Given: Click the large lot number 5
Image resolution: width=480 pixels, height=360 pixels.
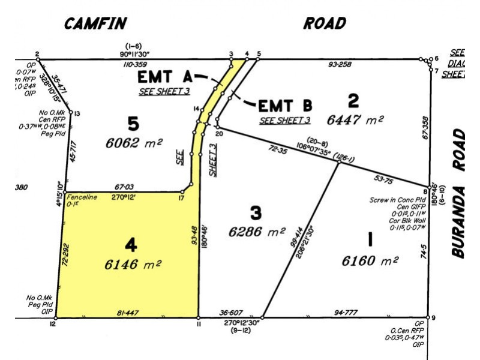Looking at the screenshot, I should pos(133,124).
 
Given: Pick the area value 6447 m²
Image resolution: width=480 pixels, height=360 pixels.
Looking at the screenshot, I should pos(355,119).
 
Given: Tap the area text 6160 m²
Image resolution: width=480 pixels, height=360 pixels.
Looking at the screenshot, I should pos(370,261).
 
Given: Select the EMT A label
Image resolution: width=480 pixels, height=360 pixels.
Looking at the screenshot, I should pos(164,77).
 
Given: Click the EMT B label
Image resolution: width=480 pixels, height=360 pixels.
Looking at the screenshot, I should pos(285,106).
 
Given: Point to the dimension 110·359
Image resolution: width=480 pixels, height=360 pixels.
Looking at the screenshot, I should pos(136,64).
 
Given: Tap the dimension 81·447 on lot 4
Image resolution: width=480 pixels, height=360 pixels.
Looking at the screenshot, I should pos(129,313).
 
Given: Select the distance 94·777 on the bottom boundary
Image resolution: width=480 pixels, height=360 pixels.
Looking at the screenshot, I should pos(344,313).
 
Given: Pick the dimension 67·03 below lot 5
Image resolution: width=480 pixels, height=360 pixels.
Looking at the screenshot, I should pos(125,187).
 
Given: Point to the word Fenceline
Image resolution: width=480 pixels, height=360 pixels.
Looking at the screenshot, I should pos(82,197).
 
